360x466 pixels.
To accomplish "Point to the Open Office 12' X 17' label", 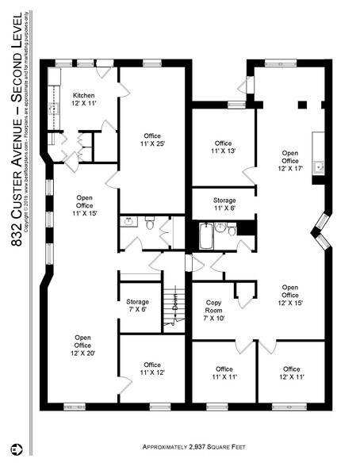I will [x=290, y=159].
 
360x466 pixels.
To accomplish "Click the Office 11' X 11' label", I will [x=224, y=374].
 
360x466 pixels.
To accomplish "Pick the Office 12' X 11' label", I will [x=291, y=374].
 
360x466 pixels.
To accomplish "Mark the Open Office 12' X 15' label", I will [x=290, y=295].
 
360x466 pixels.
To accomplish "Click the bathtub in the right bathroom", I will [x=206, y=235].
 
